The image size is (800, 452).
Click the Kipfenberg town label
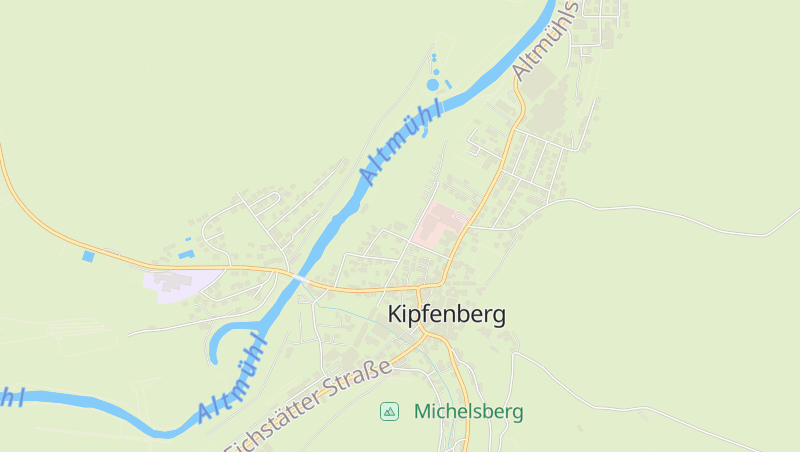click(446, 314)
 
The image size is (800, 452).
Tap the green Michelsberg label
click(468, 411)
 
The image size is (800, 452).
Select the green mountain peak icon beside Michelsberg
click(389, 411)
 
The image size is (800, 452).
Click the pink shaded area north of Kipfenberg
click(438, 223)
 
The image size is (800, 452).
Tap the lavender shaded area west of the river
click(182, 283)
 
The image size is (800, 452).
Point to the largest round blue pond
click(433, 85)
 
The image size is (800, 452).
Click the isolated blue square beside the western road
click(88, 257)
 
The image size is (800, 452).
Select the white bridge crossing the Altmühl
click(302, 280)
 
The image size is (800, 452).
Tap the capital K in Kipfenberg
click(395, 314)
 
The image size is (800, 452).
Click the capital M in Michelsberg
click(422, 411)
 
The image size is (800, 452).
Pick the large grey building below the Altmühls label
click(541, 89)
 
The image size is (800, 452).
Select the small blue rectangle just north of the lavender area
click(185, 254)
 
